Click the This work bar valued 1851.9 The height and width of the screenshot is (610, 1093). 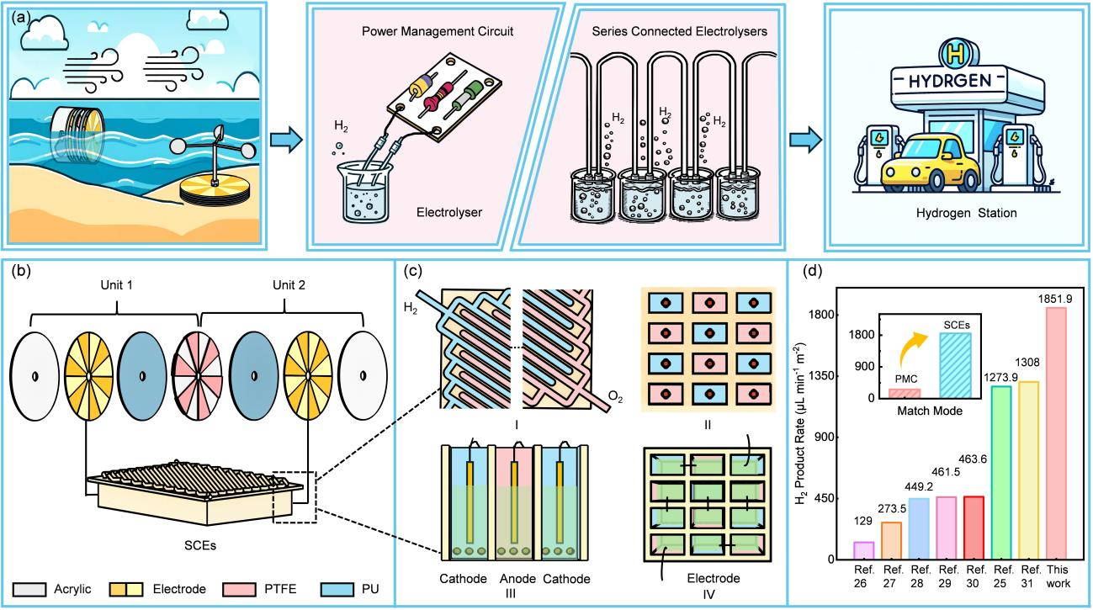coord(1058,433)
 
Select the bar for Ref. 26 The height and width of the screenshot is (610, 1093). coord(863,550)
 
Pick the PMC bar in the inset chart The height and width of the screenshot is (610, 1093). coord(905,393)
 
